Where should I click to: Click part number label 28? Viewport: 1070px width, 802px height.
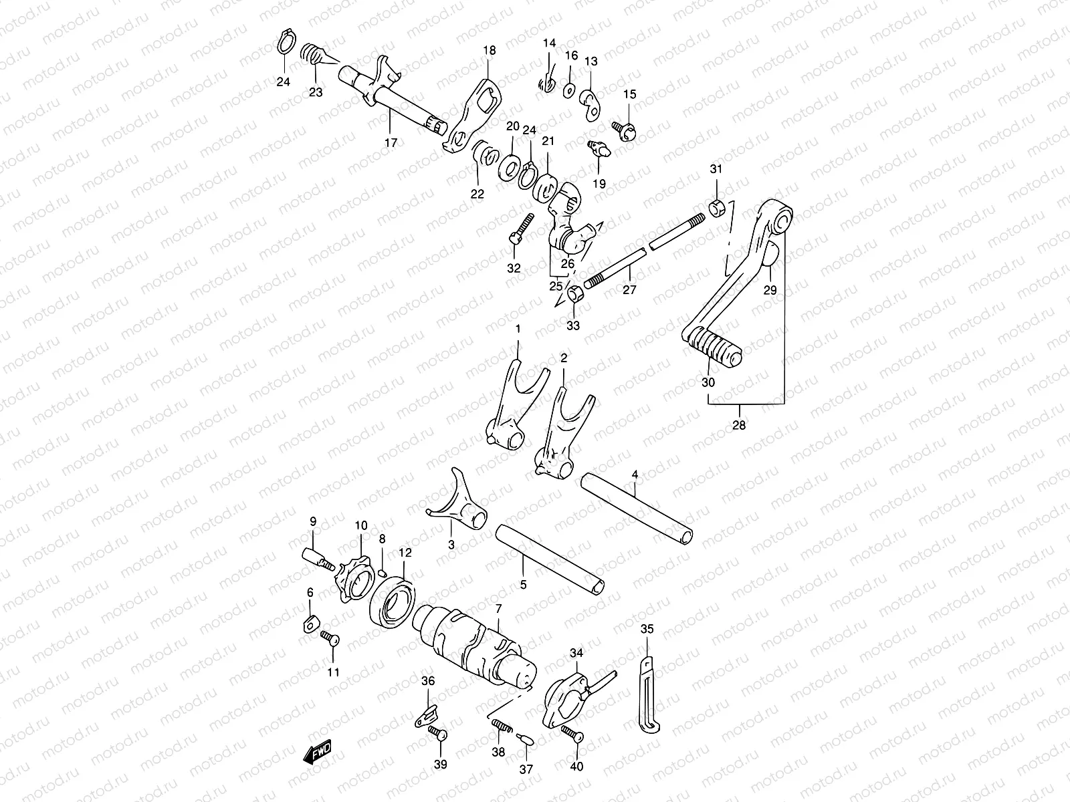739,424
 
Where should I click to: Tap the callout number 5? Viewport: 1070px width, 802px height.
523,585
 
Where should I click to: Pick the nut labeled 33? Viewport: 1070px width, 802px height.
574,294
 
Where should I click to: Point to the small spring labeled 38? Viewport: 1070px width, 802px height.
501,724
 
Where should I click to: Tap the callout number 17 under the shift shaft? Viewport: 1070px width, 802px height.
391,142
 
